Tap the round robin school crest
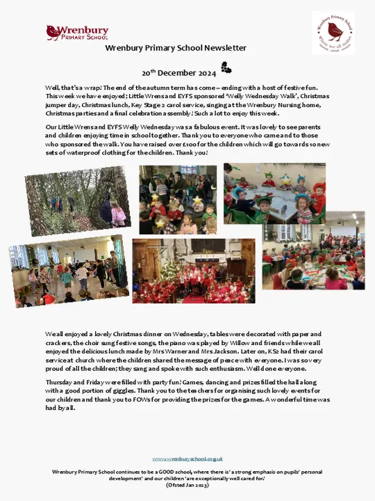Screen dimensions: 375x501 point(333,32)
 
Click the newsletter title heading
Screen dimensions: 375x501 point(176,48)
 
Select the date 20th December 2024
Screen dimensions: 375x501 point(179,72)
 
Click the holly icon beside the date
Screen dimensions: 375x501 point(226,67)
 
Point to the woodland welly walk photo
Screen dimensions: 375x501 point(77,202)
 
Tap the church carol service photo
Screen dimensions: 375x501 point(193,271)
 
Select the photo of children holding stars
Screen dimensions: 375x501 point(178,199)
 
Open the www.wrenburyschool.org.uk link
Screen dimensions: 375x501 point(187,459)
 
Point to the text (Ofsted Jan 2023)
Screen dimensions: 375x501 point(187,484)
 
